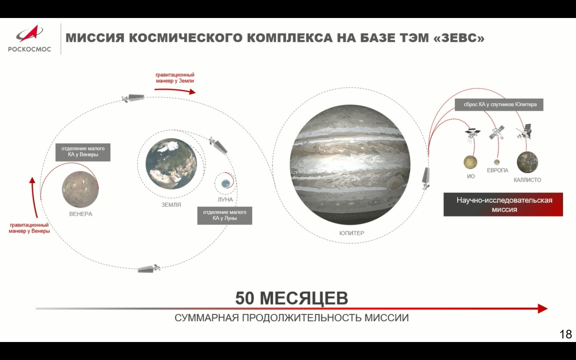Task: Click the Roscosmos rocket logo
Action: coord(29,34)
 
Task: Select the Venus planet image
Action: coord(80,189)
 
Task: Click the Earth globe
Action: coord(171,164)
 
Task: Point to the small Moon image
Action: coord(226,183)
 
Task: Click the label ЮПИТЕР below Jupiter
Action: coord(352,233)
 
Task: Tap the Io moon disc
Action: coord(470,162)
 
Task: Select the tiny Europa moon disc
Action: coord(497,162)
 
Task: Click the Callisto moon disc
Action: coord(527,162)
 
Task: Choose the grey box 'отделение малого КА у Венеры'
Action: coord(83,152)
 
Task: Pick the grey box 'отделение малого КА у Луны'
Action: coord(224,216)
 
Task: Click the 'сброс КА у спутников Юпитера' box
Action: coord(499,105)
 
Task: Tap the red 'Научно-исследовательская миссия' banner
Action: coord(503,204)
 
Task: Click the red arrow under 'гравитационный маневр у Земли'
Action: coord(175,91)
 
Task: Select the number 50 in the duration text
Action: coord(244,298)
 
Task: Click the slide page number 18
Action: coord(566,334)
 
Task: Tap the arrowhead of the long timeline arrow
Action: coord(542,308)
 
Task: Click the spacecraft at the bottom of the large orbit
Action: coord(148,268)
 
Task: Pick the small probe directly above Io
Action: coord(472,133)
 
